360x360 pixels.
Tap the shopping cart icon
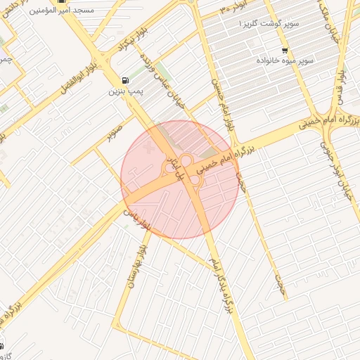[x=284, y=50]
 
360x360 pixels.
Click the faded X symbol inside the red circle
[x=148, y=150]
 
